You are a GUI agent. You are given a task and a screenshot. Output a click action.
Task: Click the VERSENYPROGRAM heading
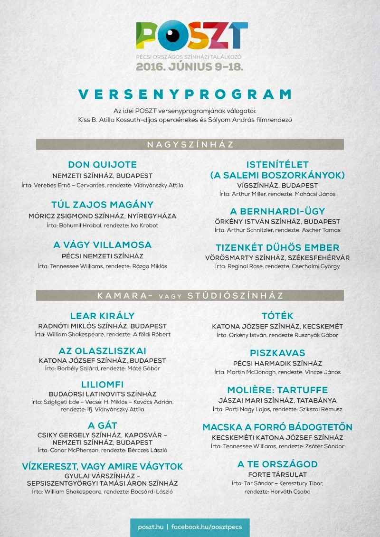190,94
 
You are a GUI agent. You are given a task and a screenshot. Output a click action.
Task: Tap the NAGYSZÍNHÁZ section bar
190,144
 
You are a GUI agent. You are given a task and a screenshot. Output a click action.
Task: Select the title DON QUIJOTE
103,165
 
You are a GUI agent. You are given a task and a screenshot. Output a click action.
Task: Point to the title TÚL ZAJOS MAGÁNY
103,205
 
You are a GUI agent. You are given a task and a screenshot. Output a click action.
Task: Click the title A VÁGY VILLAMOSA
103,245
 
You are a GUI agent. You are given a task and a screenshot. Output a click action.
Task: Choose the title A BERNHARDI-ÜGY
277,211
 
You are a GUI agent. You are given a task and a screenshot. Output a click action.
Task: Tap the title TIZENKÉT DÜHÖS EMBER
277,247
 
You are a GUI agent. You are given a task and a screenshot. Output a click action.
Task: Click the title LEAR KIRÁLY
103,316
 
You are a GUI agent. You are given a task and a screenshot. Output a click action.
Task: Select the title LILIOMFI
103,384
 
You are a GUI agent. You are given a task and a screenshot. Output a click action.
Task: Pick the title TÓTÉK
277,316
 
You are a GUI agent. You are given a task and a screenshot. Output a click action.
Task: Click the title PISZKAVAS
277,353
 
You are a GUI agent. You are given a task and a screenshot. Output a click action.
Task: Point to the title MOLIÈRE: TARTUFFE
277,390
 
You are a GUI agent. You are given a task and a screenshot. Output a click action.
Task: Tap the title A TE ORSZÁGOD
277,464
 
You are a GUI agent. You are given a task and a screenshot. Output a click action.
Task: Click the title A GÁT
103,425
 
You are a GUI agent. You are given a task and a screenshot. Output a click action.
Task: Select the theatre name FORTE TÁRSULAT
277,474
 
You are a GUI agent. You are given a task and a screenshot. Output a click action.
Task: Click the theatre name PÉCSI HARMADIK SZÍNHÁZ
277,363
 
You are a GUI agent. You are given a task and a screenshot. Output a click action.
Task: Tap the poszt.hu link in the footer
151,527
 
